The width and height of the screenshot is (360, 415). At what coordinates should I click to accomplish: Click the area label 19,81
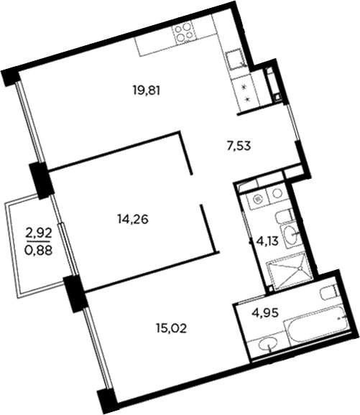coord(145,90)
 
